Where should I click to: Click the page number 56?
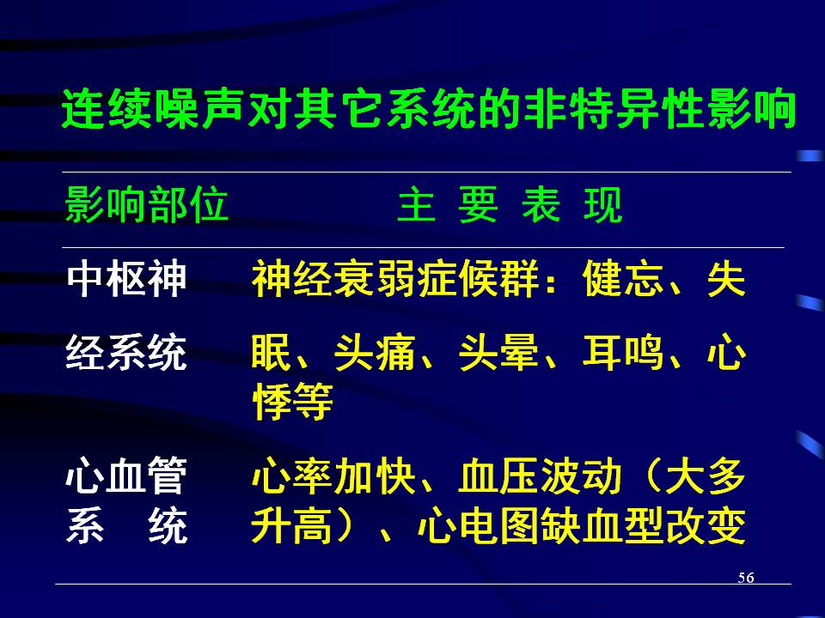(746, 578)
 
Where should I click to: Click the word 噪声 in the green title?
(177, 109)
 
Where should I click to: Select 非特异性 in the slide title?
(613, 109)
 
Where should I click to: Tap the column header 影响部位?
(146, 204)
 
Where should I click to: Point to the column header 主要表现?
(510, 204)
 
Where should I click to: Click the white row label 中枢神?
(126, 278)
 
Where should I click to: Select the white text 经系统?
(126, 352)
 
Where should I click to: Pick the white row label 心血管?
(126, 476)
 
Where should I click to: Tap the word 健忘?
(623, 278)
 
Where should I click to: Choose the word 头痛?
(375, 352)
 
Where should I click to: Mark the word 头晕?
(498, 352)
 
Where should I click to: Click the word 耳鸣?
(623, 352)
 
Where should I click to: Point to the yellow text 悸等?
(292, 401)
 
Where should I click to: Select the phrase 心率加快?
(333, 476)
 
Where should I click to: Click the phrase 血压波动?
(540, 476)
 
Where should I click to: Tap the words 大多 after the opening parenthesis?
(706, 476)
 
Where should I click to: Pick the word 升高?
(292, 525)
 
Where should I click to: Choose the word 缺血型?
(602, 525)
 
